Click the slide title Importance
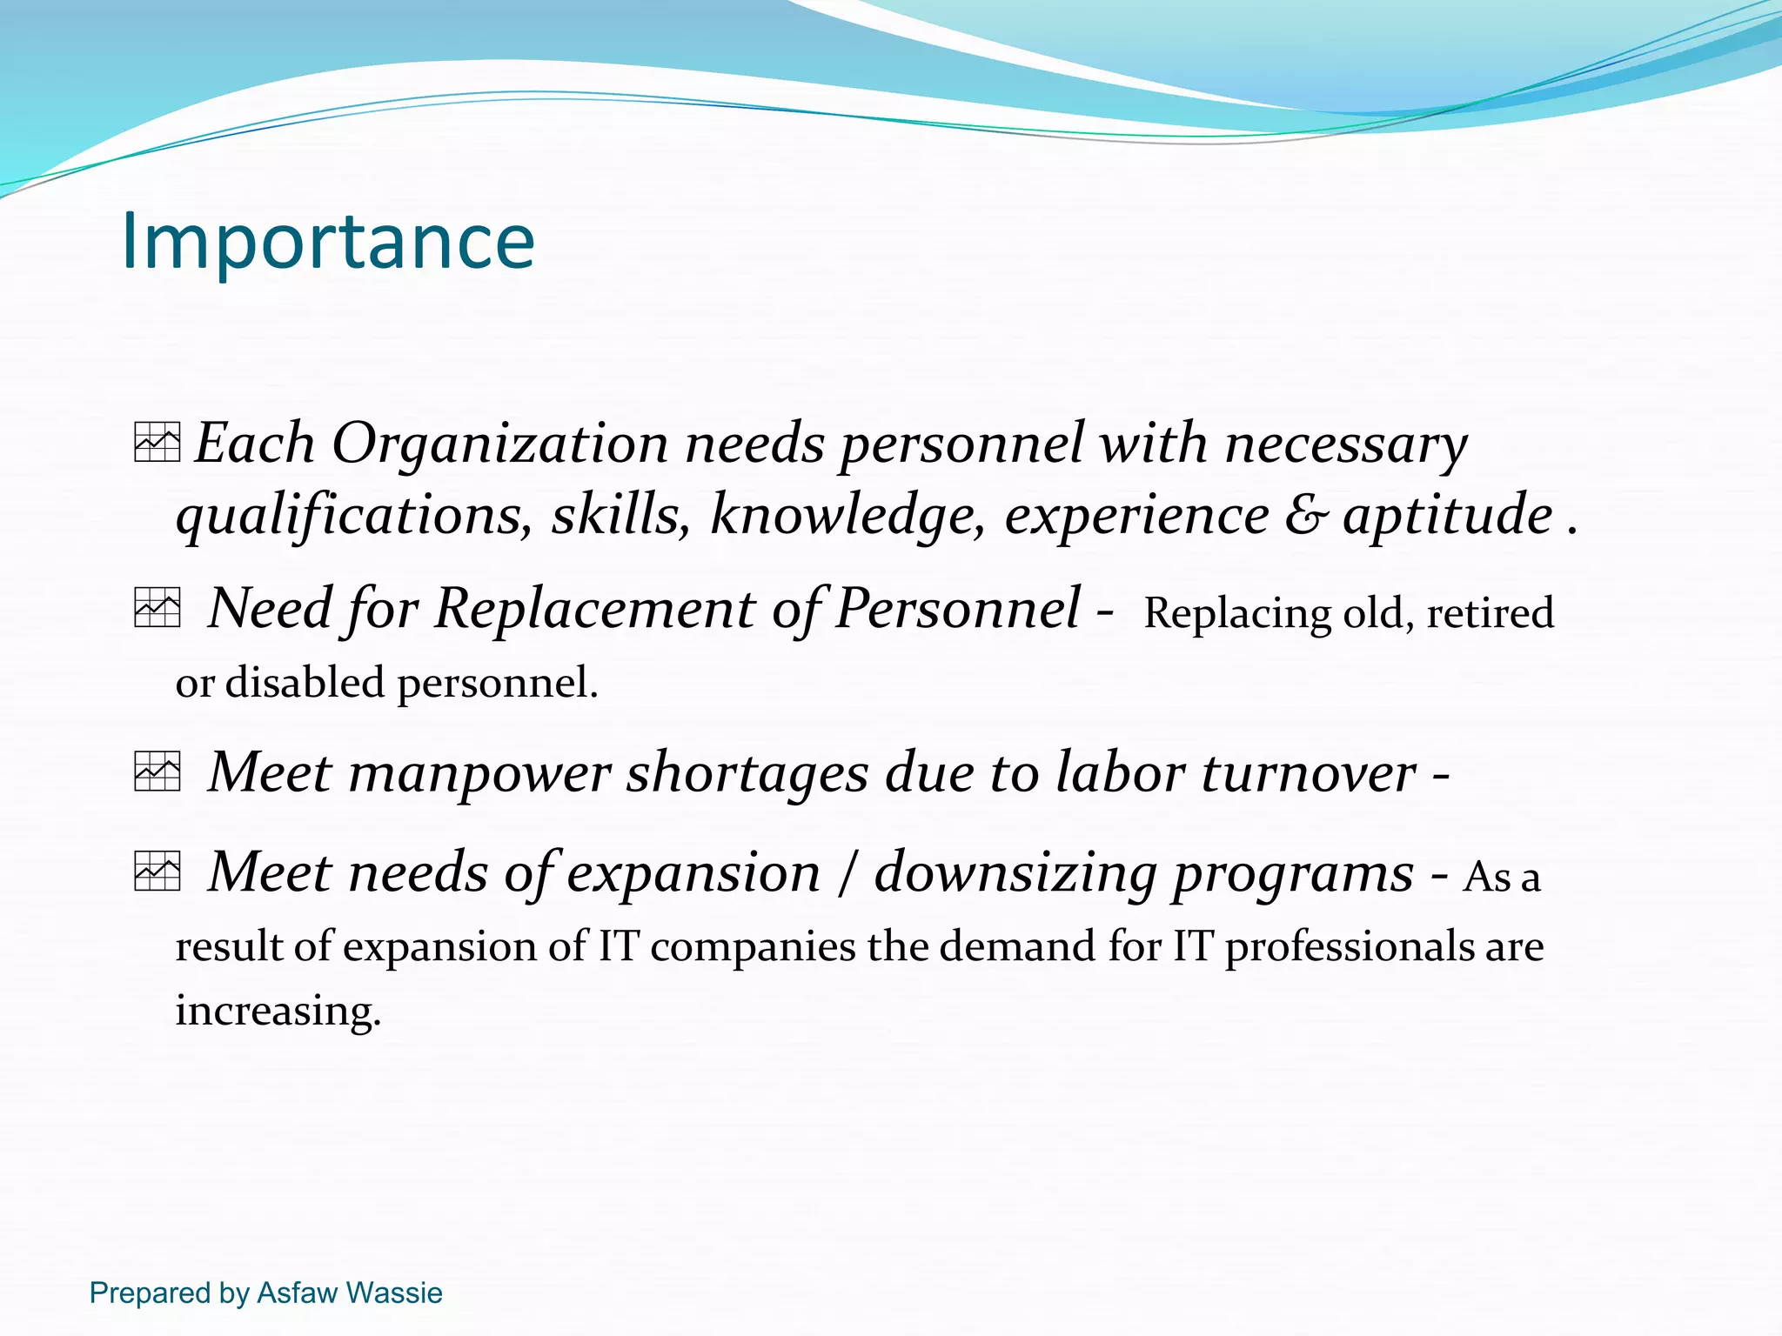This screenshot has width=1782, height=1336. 328,241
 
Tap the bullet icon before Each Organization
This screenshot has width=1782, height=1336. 157,442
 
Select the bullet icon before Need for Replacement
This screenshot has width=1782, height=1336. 157,607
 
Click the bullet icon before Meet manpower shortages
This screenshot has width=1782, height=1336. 157,771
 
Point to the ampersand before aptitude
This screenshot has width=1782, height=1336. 1306,514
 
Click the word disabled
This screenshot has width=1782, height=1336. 305,682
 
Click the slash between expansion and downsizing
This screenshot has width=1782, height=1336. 847,872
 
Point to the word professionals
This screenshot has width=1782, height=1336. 1348,947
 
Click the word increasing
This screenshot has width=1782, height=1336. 278,1012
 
